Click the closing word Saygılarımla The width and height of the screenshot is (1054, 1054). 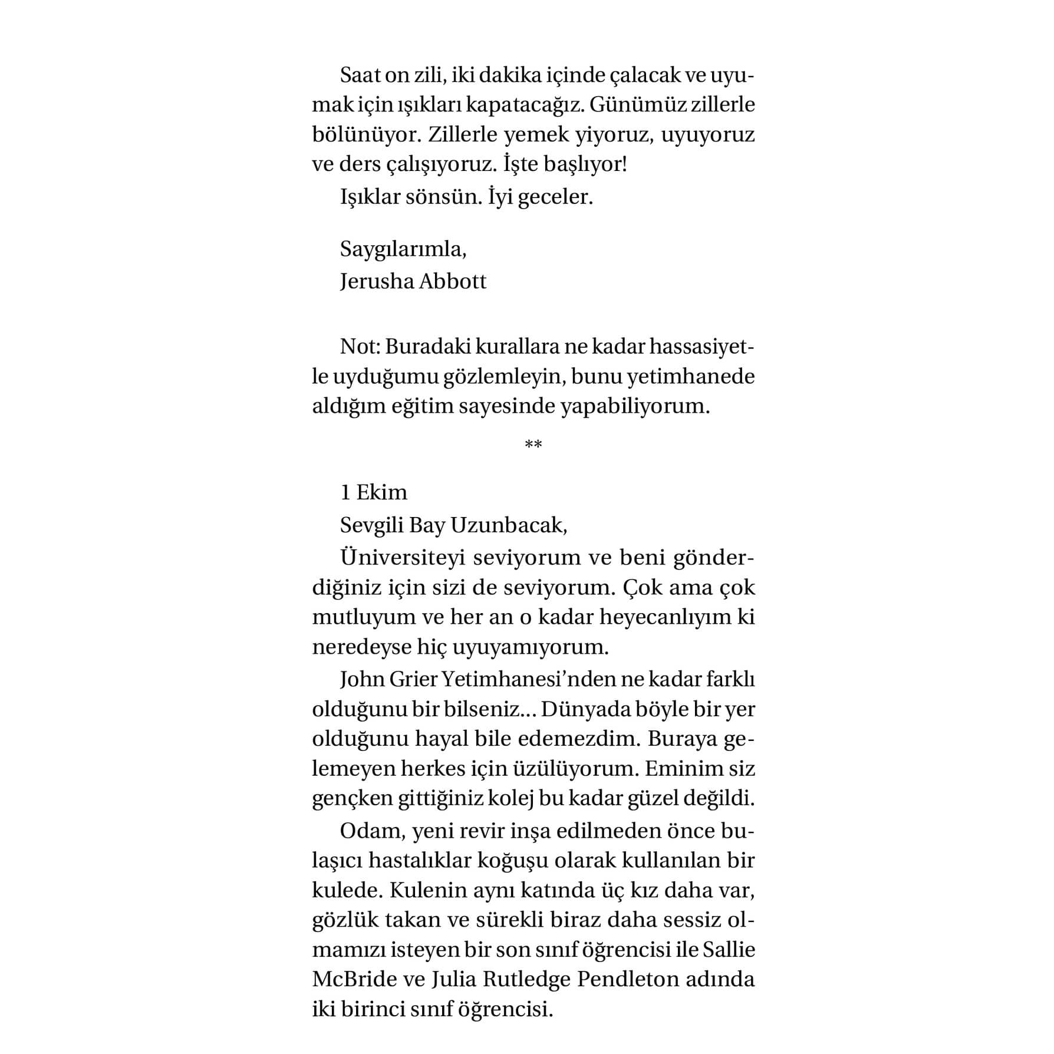pyautogui.click(x=403, y=250)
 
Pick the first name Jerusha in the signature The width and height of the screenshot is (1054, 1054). pyautogui.click(x=377, y=282)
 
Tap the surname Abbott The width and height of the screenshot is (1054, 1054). pyautogui.click(x=453, y=282)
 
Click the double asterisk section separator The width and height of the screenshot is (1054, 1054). pyautogui.click(x=533, y=444)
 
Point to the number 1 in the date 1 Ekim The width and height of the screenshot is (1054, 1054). pyautogui.click(x=345, y=492)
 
